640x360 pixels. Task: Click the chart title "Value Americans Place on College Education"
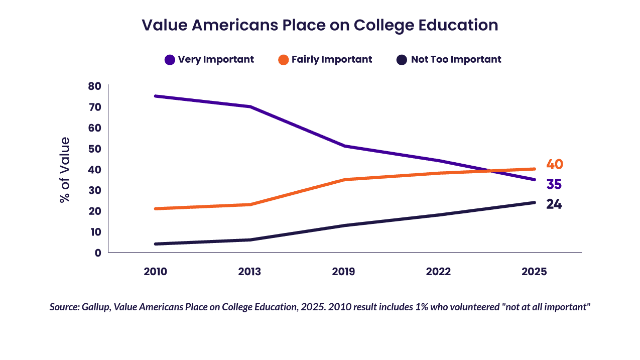320,25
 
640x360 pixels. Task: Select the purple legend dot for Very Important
170,60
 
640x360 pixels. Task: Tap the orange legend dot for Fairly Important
283,60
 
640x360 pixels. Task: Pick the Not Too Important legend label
456,59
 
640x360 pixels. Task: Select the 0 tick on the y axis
98,253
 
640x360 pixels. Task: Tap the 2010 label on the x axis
155,272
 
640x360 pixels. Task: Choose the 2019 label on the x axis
343,272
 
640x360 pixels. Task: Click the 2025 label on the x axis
534,272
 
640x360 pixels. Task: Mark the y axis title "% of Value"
65,169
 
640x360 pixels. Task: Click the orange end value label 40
555,164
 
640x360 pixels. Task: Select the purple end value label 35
554,185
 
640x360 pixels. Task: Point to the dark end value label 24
554,205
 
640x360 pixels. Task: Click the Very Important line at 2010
156,96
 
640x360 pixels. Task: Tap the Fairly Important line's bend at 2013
249,204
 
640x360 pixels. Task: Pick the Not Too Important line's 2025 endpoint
534,202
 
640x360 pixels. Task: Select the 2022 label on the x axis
439,272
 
